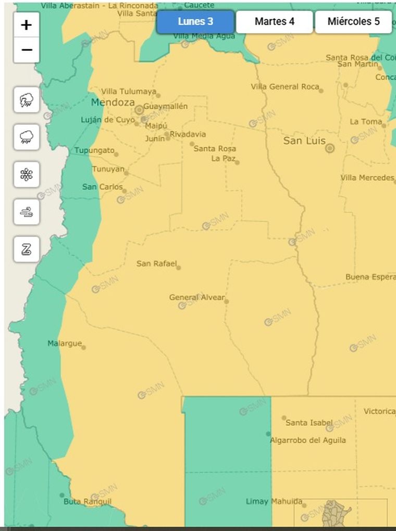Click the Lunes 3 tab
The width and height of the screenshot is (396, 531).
(195, 22)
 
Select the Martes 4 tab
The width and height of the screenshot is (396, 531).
(275, 22)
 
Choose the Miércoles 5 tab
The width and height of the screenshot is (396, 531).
(353, 22)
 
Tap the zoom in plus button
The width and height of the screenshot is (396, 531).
(27, 25)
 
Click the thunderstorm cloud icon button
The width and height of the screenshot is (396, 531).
(27, 100)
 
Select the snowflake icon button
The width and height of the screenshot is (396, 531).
(27, 174)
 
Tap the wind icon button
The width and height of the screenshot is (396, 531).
(27, 212)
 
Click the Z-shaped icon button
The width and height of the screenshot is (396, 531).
(27, 249)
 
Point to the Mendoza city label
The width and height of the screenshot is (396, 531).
(113, 103)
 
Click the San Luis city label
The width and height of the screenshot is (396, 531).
(304, 141)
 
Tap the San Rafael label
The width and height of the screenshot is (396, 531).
(156, 263)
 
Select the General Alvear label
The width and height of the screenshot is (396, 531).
(196, 298)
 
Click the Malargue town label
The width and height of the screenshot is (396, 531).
(65, 344)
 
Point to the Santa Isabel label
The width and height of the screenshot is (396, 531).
(309, 423)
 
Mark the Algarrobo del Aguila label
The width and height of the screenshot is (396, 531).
(307, 440)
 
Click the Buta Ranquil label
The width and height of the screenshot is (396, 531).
(87, 502)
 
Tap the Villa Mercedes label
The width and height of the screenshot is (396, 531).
(367, 178)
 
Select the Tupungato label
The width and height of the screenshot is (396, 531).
(94, 150)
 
